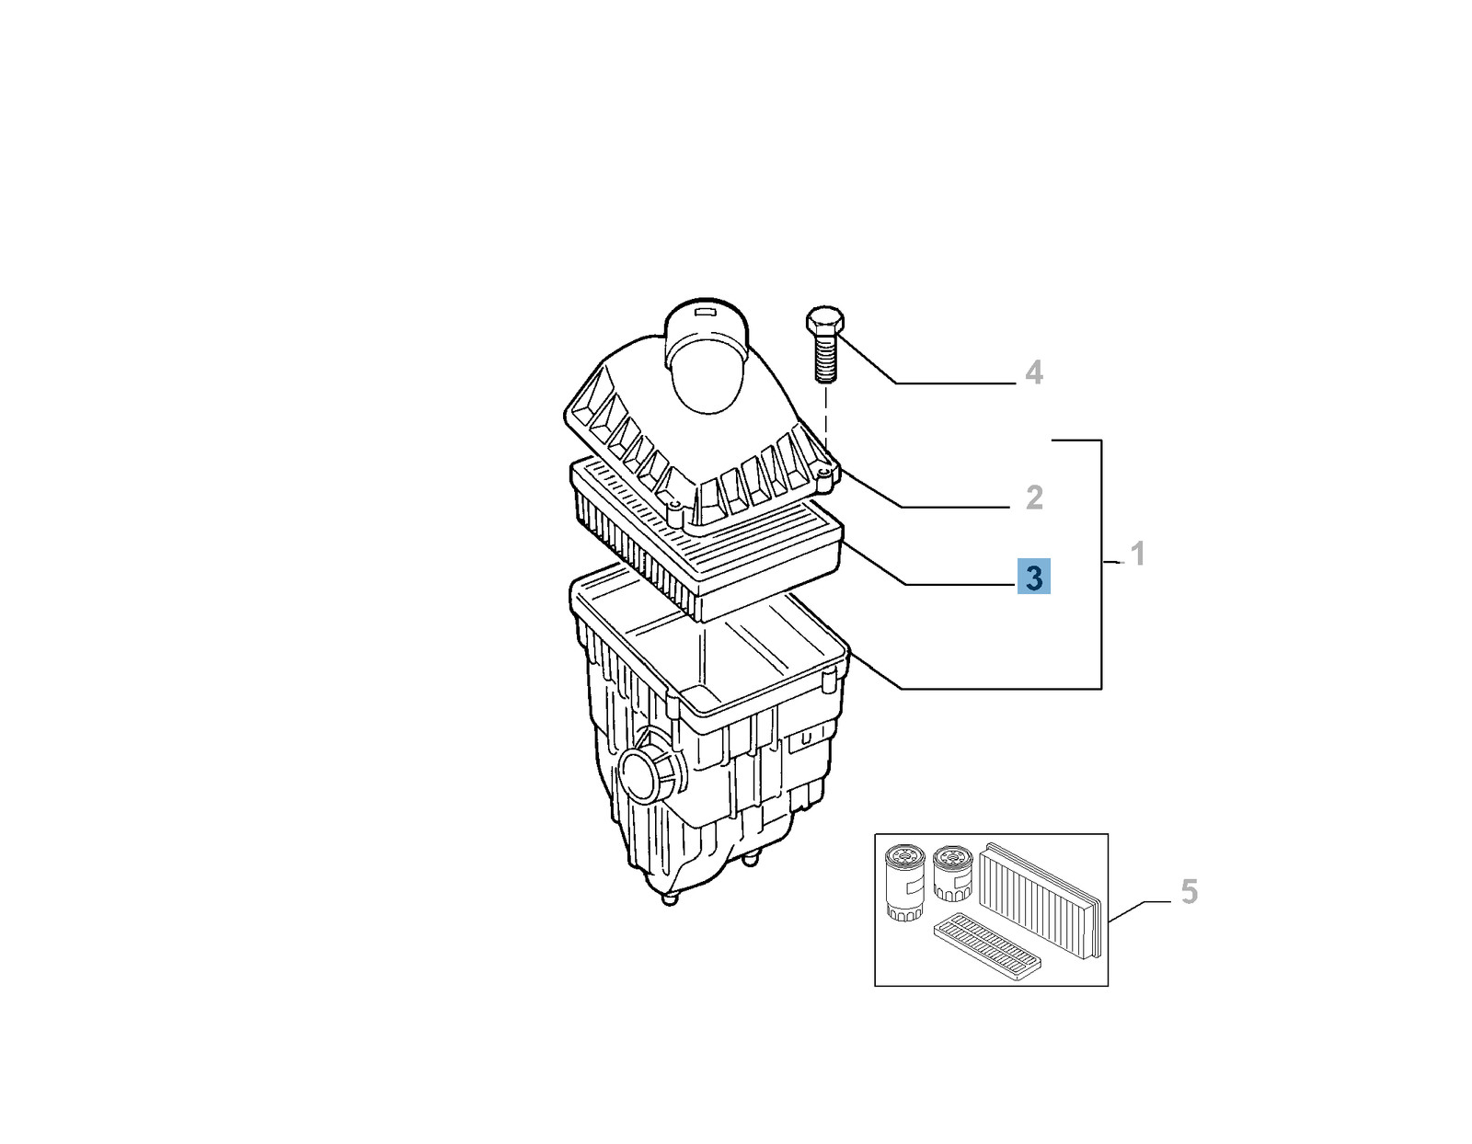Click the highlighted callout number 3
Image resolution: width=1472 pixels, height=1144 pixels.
pyautogui.click(x=1034, y=577)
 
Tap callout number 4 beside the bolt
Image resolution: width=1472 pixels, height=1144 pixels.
pyautogui.click(x=1034, y=372)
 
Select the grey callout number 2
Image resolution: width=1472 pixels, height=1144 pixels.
pyautogui.click(x=1034, y=498)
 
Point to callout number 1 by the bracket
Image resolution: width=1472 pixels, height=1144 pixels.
pyautogui.click(x=1138, y=555)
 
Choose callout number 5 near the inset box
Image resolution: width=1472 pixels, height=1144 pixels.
pyautogui.click(x=1189, y=891)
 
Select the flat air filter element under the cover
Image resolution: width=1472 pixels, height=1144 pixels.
pyautogui.click(x=707, y=539)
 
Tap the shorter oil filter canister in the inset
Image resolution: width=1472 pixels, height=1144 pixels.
pyautogui.click(x=952, y=874)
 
